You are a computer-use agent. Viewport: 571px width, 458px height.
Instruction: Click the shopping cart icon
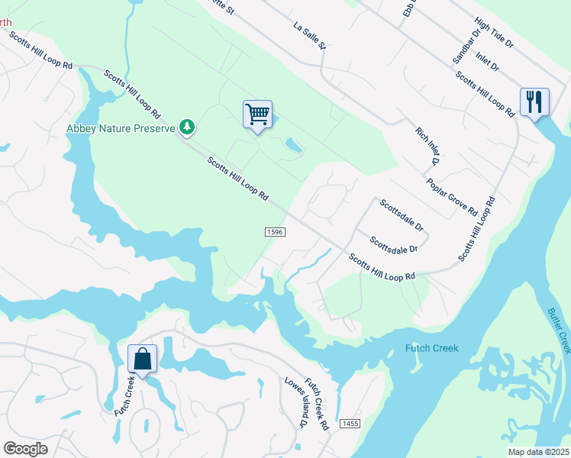pos(258,114)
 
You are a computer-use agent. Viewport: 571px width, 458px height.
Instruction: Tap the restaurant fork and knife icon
pos(534,102)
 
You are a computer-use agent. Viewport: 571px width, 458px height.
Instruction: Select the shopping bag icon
pos(142,358)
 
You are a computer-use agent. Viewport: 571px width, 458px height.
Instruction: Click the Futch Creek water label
pos(431,349)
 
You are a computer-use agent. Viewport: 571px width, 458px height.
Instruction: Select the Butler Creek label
pos(559,331)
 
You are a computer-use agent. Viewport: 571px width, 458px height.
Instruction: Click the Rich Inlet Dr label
pos(428,147)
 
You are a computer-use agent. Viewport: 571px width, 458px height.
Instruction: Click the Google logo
pos(26,448)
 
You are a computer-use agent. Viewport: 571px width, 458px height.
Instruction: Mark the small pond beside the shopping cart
pos(294,144)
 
